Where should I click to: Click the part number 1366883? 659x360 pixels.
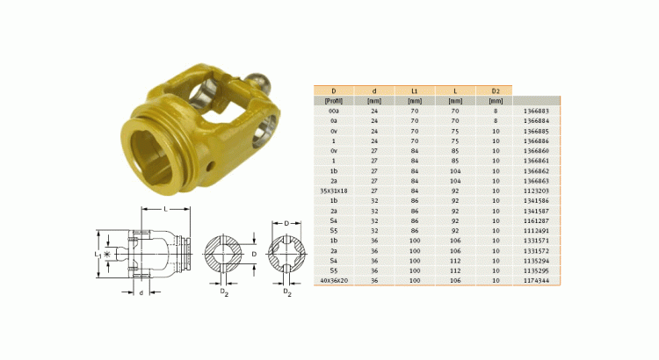536,111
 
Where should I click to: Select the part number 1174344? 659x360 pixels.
536,279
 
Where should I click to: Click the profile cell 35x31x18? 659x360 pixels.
333,190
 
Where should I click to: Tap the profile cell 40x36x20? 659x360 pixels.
333,279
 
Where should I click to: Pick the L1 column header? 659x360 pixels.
414,90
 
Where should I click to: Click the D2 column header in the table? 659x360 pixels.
494,90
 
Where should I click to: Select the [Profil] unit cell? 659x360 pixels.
333,101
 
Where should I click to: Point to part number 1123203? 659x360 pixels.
536,190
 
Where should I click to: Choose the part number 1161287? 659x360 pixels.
536,220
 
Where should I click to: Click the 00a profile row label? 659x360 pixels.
333,111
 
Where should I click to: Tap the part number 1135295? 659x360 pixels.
536,270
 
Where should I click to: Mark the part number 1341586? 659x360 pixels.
536,200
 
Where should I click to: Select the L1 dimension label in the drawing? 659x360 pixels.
99,254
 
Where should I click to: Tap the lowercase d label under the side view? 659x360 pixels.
141,292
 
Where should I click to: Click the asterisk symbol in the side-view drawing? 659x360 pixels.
108,255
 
